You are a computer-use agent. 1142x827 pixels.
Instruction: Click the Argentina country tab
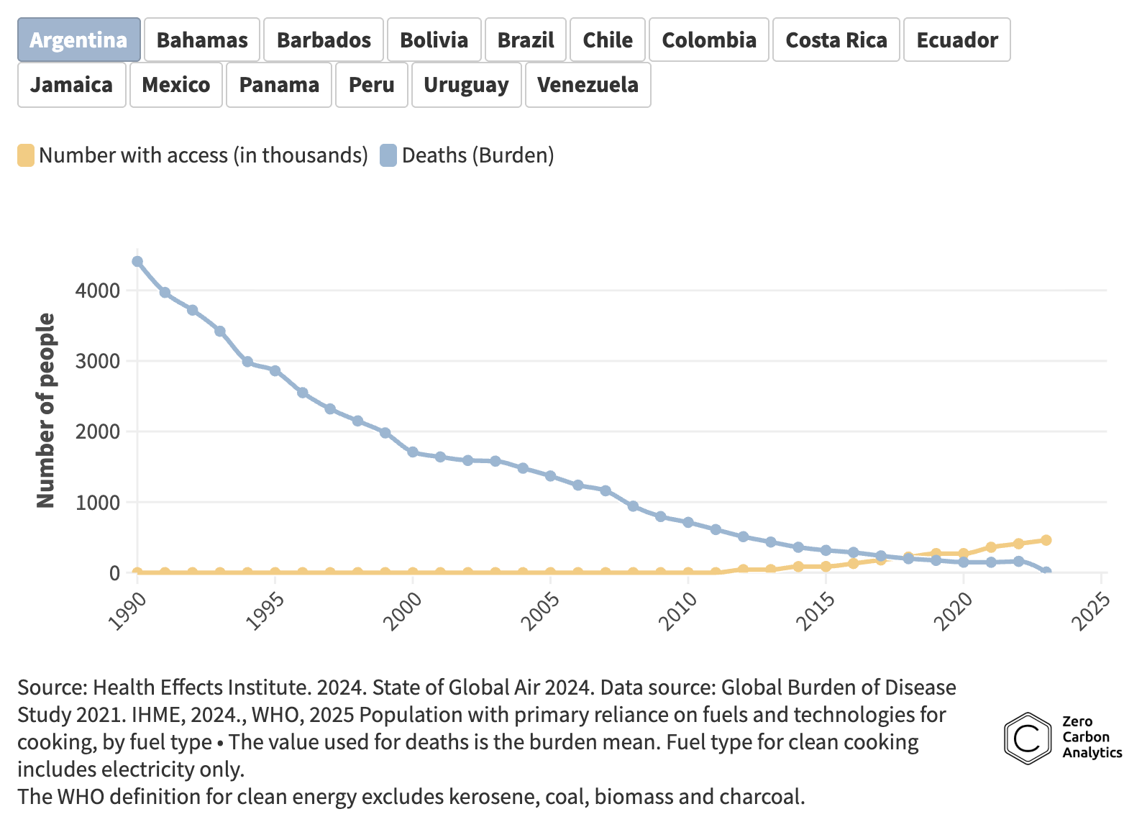point(78,40)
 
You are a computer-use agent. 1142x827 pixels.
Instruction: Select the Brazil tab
point(526,40)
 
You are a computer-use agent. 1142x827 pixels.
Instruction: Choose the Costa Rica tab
point(836,40)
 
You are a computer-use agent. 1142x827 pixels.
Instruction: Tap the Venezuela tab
point(588,85)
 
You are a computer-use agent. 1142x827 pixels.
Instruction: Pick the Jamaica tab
point(71,85)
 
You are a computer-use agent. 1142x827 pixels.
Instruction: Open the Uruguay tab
point(466,85)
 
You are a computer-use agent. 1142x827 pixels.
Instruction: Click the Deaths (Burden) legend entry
point(467,155)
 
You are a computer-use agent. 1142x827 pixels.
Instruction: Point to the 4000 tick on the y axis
point(97,291)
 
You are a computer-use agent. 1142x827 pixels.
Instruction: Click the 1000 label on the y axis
point(97,502)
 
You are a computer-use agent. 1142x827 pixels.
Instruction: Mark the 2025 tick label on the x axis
point(1092,611)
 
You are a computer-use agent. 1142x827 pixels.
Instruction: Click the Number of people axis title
point(45,410)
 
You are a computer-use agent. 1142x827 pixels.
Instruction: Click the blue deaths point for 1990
point(137,262)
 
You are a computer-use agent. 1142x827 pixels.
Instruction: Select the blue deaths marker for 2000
point(413,452)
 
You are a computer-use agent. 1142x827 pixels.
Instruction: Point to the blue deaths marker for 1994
point(247,362)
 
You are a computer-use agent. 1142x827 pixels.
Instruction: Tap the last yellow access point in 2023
point(1046,540)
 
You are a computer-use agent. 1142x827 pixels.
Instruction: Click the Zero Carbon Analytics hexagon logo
point(1028,738)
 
